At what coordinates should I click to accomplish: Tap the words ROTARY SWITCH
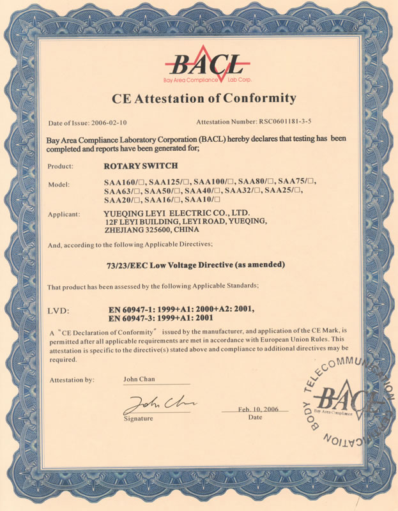pos(133,166)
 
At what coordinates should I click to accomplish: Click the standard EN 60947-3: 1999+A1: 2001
pos(160,317)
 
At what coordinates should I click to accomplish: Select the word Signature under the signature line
pos(139,418)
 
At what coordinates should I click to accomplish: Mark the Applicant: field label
pos(63,213)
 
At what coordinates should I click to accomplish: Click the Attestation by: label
pos(72,379)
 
